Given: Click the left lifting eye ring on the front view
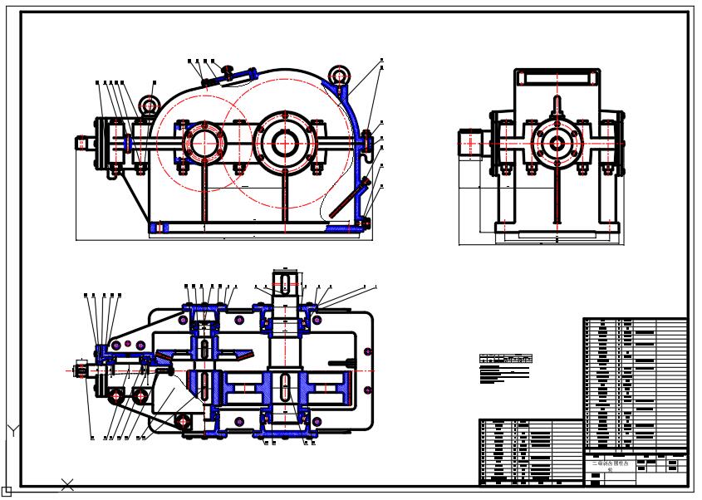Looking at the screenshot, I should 149,105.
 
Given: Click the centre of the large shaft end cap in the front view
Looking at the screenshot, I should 285,143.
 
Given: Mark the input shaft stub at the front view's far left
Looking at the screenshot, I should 84,143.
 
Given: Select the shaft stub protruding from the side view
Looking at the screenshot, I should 469,143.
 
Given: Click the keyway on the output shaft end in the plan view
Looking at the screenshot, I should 284,283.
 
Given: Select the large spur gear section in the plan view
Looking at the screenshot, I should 319,387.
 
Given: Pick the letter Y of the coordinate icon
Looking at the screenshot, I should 13,430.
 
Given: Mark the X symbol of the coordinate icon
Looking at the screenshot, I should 67,483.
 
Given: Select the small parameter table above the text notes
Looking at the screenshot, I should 505,359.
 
